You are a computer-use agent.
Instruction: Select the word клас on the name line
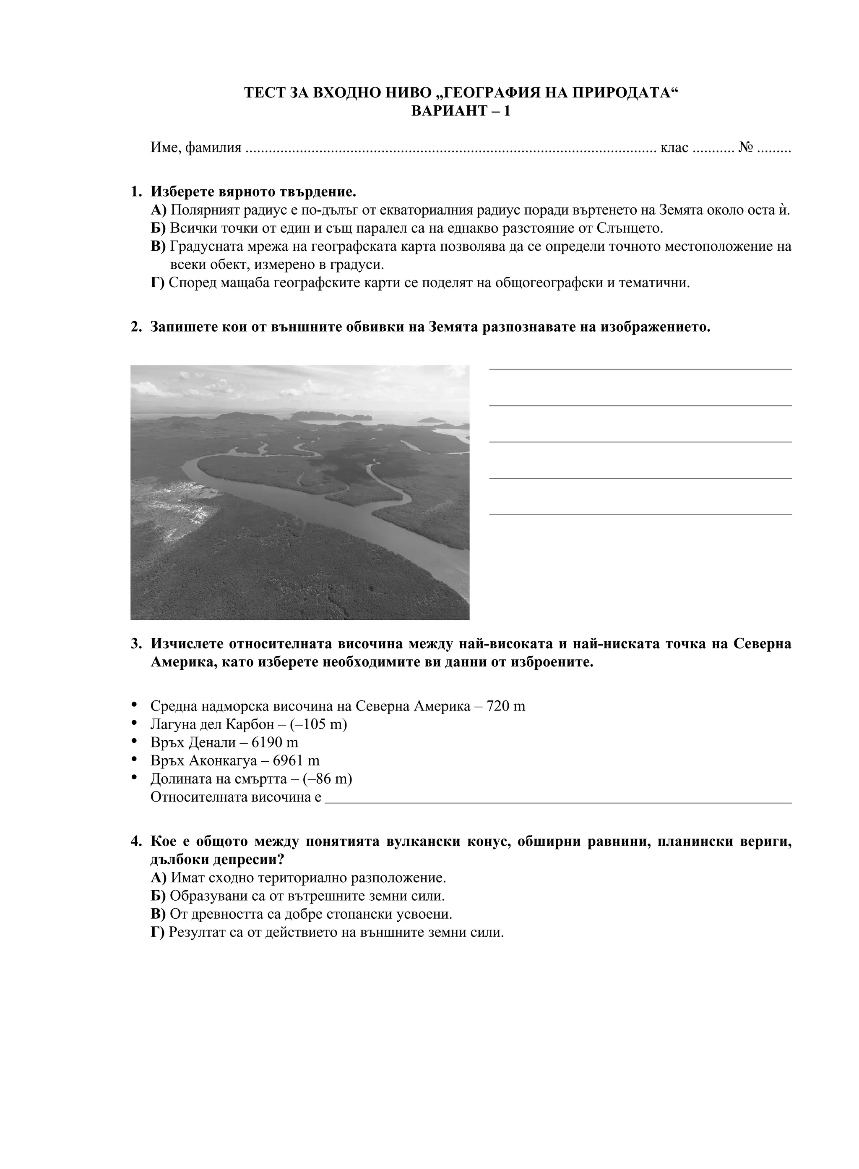coord(674,148)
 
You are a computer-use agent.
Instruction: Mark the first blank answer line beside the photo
coord(640,369)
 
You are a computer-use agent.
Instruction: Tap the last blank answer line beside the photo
coord(640,514)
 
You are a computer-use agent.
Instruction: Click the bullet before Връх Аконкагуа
coord(135,760)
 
